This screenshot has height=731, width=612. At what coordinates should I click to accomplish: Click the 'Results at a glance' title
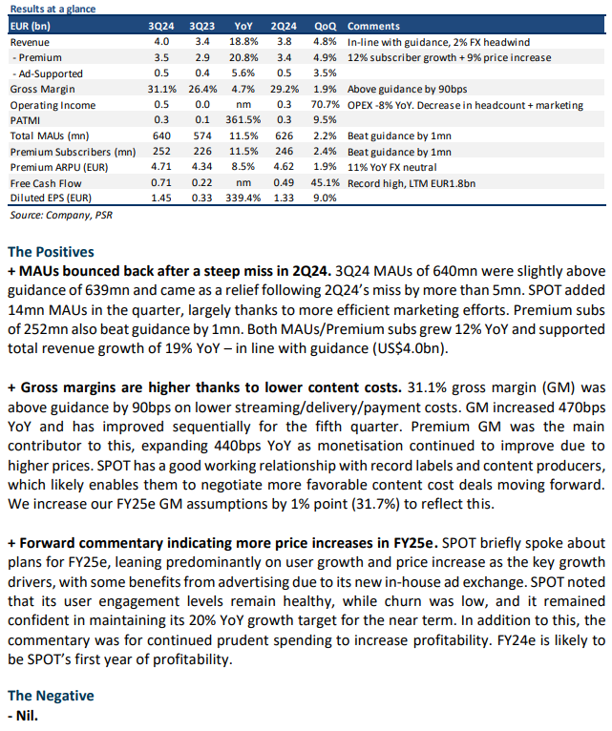[x=53, y=9]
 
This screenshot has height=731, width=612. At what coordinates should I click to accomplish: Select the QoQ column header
[x=326, y=26]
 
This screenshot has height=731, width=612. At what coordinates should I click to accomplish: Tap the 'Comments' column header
[x=373, y=26]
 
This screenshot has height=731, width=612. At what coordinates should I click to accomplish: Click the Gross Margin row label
[x=42, y=89]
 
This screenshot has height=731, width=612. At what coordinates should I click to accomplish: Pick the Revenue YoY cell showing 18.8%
[x=243, y=41]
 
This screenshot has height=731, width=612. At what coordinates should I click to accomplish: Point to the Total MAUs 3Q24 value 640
[x=161, y=136]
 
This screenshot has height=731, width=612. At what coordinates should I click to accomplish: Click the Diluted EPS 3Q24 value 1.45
[x=161, y=198]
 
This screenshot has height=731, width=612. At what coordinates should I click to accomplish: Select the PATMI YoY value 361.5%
[x=243, y=120]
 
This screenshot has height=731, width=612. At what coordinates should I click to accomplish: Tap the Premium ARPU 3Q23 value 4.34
[x=202, y=166]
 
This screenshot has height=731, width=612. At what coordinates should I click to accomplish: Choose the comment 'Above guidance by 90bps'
[x=408, y=89]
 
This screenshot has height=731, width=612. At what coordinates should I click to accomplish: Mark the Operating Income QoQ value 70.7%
[x=326, y=104]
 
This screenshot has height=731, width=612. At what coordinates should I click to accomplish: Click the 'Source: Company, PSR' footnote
[x=61, y=215]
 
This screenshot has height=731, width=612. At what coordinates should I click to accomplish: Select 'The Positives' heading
[x=51, y=252]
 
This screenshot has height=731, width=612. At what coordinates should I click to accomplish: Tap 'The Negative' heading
[x=51, y=696]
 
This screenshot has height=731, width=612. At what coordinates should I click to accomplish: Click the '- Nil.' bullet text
[x=23, y=716]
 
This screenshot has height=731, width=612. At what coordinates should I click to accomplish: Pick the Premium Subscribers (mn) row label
[x=73, y=152]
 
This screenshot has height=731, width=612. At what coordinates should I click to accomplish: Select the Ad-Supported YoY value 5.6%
[x=243, y=73]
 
